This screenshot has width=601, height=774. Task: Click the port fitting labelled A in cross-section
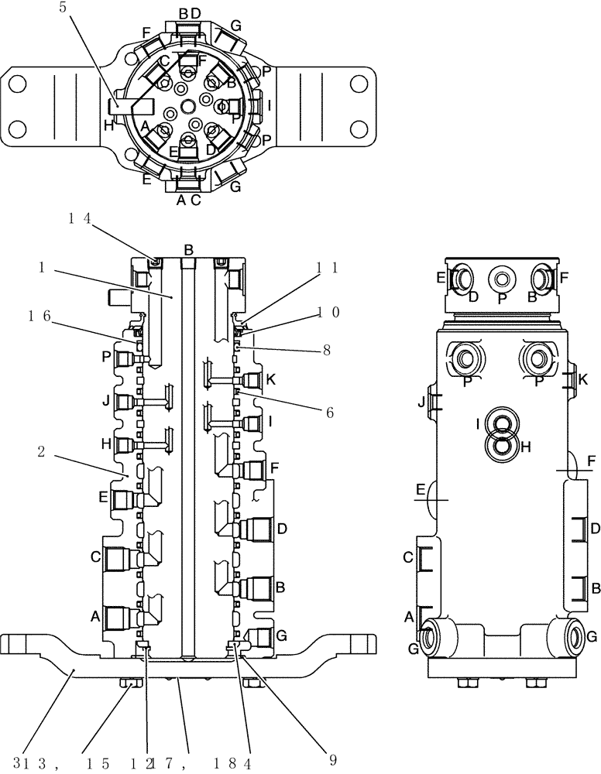click(x=118, y=617)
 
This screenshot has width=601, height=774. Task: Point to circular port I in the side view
click(x=505, y=423)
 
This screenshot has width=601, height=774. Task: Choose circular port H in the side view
click(x=505, y=446)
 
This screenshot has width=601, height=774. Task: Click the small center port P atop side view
click(x=503, y=278)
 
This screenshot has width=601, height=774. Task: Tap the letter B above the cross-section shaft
click(x=187, y=249)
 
